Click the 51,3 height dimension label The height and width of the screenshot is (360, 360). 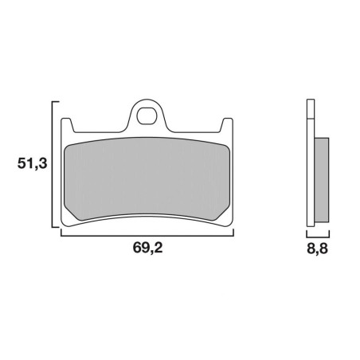[x=32, y=163]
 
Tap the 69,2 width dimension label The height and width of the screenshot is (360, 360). [x=147, y=248]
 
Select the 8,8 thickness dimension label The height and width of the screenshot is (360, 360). [x=318, y=249]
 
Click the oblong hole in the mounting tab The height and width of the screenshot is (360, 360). [x=147, y=115]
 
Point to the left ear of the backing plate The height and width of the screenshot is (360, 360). [x=67, y=125]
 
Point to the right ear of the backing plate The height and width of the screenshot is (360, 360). [x=227, y=125]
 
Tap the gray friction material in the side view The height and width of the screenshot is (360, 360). [x=322, y=180]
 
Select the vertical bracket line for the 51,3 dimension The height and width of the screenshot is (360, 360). [x=52, y=164]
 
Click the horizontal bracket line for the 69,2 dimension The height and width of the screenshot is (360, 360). [x=147, y=236]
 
